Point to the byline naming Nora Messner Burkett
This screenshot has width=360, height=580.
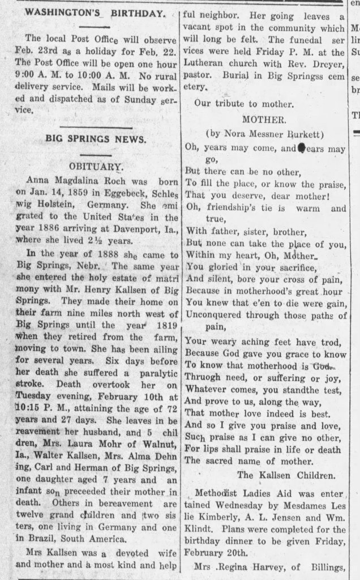pyautogui.click(x=264, y=134)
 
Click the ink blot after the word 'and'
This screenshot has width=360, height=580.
pyautogui.click(x=302, y=149)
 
